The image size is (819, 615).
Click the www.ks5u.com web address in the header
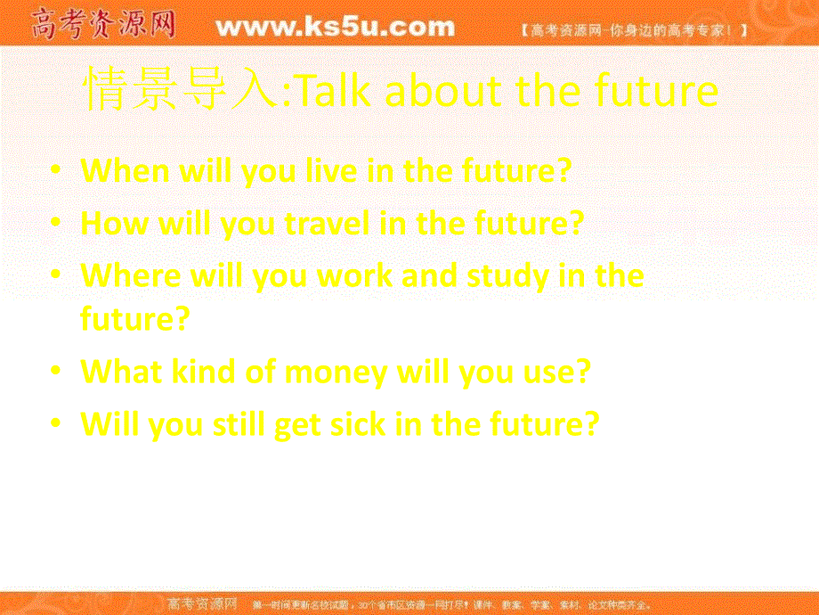pos(335,28)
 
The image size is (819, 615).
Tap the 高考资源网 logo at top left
pos(102,25)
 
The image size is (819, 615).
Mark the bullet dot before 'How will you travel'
pos(58,222)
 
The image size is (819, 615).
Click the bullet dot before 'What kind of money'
pos(58,370)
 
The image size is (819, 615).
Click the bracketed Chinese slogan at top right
pos(633,30)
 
